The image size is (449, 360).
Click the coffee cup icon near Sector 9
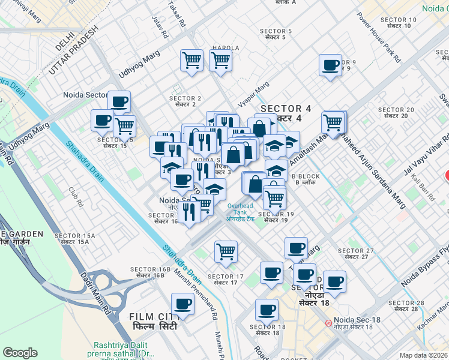[330, 65]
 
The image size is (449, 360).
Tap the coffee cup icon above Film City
[182, 304]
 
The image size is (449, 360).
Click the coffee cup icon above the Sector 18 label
[266, 310]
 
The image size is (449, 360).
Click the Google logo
[20, 353]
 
